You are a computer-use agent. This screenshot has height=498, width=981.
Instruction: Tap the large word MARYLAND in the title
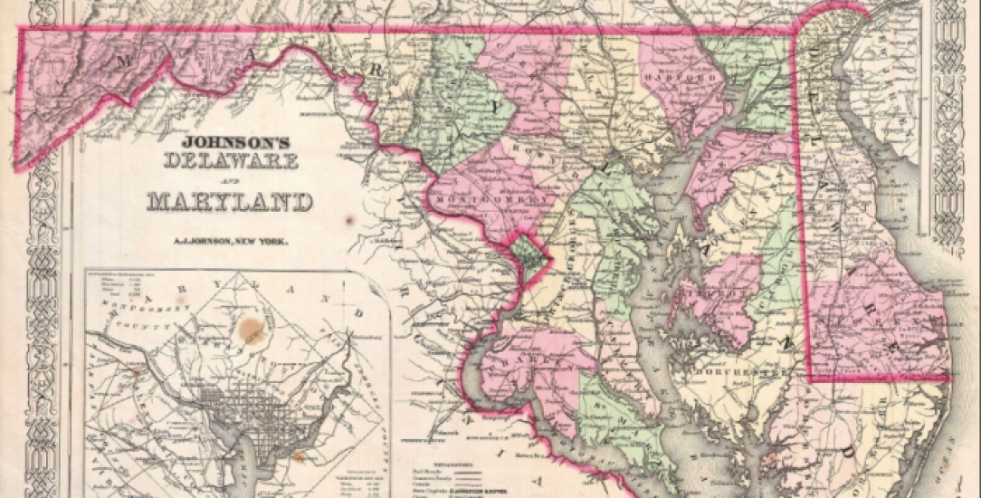coord(230,201)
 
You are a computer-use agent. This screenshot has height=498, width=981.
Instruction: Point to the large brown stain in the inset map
coord(253,332)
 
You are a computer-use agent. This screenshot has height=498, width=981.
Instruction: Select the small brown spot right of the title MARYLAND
coord(349,220)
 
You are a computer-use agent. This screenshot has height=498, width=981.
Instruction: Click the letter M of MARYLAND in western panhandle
coord(126,61)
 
